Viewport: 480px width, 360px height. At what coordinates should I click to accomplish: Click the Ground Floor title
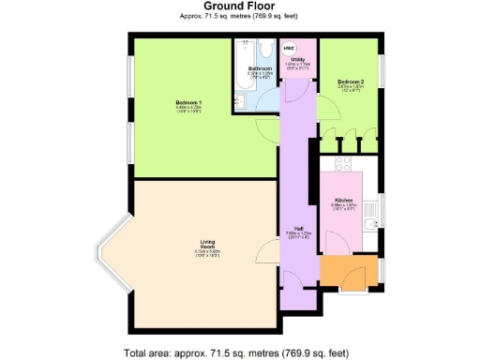239,6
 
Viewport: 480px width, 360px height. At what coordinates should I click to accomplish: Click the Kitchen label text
343,201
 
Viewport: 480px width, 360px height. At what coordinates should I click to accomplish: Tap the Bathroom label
260,69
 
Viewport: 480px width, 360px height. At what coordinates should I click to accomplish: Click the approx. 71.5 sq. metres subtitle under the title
239,17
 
